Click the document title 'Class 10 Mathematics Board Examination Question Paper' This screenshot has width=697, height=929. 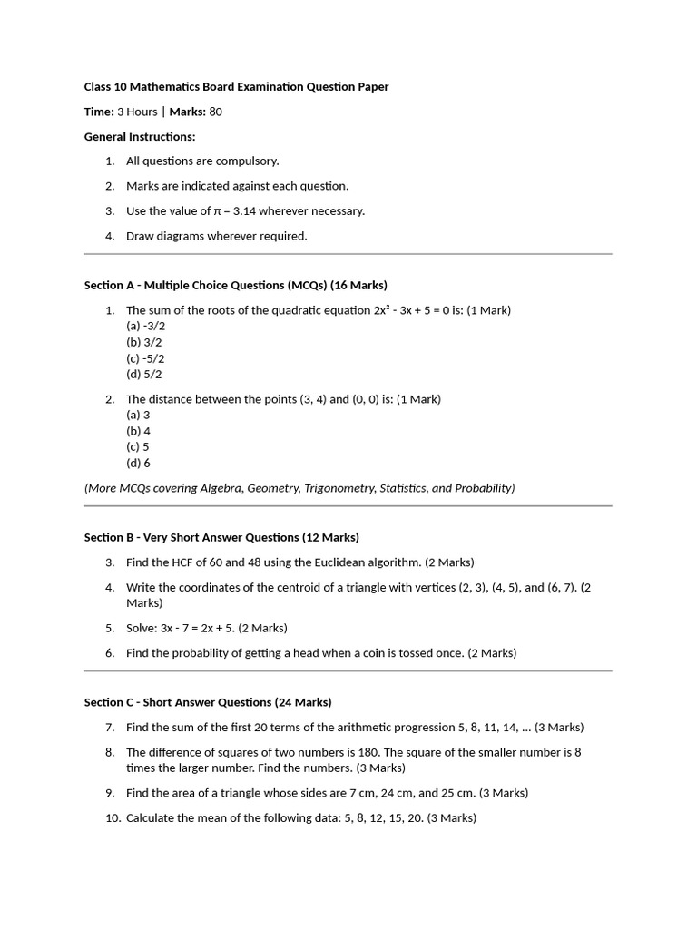236,87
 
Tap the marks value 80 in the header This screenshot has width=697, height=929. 215,112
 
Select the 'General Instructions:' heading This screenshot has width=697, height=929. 140,137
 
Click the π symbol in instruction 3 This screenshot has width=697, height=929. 217,211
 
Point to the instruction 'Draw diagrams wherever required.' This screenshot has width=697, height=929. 216,236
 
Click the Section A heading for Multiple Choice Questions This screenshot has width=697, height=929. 236,285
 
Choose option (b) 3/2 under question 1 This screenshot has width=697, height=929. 143,342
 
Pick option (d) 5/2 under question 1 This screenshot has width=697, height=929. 143,374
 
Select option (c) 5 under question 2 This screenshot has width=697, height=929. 138,446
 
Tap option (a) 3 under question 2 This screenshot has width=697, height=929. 138,415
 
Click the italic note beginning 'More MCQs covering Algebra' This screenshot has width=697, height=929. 299,488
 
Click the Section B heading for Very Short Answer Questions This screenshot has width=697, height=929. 221,537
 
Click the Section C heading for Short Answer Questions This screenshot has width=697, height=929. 208,702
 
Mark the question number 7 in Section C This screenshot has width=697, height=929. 109,728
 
